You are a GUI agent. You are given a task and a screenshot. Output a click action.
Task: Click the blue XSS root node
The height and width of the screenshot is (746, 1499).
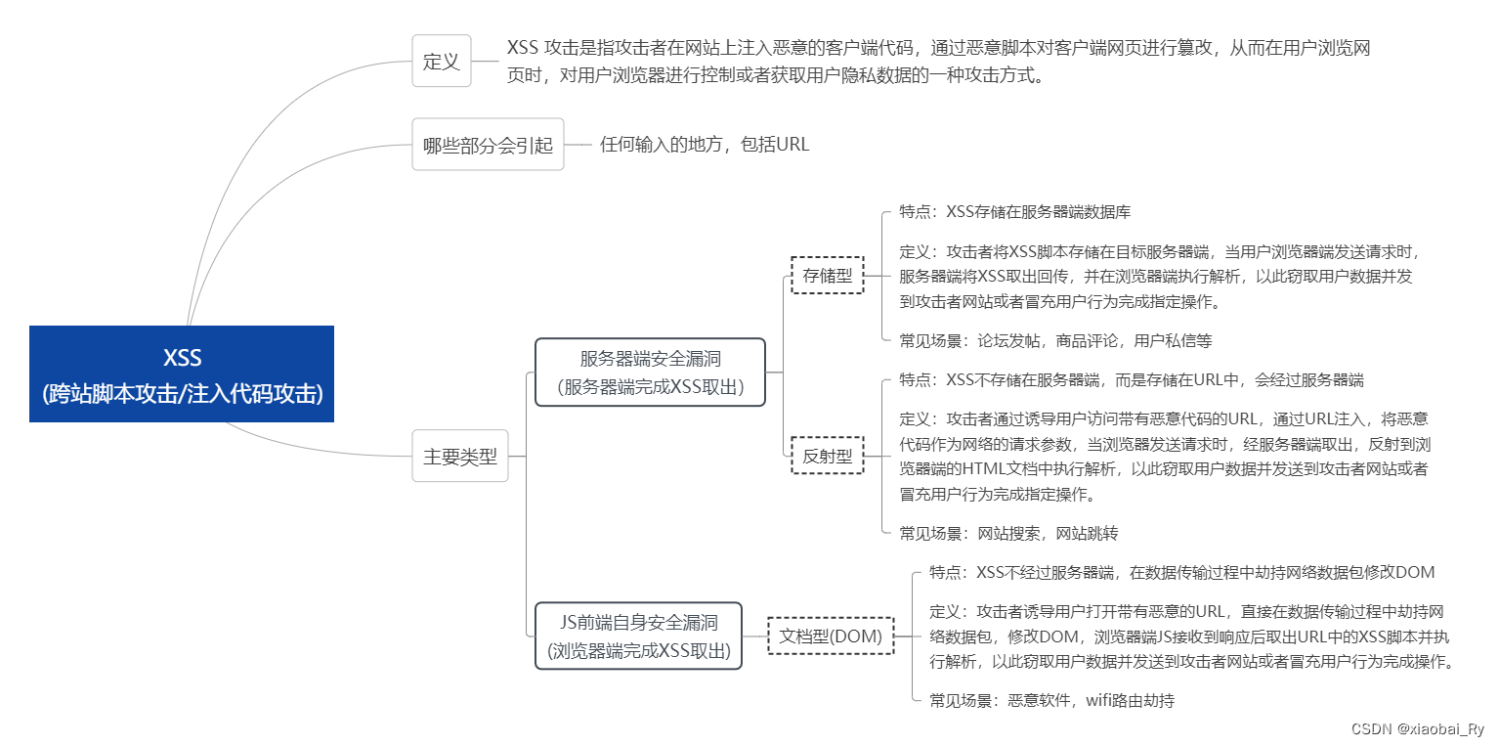pyautogui.click(x=182, y=373)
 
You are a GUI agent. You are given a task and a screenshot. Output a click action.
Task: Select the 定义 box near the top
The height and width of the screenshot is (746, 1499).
pyautogui.click(x=441, y=61)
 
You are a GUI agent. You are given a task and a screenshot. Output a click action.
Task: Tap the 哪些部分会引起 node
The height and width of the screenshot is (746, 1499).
pyautogui.click(x=488, y=145)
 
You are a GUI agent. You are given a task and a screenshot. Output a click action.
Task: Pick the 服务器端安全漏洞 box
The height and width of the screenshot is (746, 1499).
pyautogui.click(x=650, y=372)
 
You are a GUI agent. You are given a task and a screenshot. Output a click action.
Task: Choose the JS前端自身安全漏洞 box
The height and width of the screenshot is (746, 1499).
pyautogui.click(x=638, y=636)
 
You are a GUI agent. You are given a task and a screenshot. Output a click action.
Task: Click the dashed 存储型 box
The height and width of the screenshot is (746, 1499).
pyautogui.click(x=827, y=276)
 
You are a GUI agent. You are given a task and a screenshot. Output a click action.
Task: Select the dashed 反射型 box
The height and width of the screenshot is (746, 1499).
pyautogui.click(x=827, y=456)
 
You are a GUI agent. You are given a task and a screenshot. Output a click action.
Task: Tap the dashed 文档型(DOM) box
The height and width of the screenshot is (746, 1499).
pyautogui.click(x=830, y=636)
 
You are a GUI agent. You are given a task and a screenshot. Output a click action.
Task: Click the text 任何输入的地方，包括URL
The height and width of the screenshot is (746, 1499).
pyautogui.click(x=705, y=145)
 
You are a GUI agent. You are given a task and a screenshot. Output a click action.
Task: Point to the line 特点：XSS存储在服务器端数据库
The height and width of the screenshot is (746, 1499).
pyautogui.click(x=1015, y=211)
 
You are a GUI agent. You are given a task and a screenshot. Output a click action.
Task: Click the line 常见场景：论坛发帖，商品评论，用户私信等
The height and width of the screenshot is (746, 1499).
pyautogui.click(x=1055, y=341)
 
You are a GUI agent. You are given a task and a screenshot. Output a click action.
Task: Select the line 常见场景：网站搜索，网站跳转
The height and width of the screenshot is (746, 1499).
pyautogui.click(x=1008, y=533)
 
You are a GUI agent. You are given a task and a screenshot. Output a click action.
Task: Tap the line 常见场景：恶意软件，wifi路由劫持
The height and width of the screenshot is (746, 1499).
pyautogui.click(x=1051, y=700)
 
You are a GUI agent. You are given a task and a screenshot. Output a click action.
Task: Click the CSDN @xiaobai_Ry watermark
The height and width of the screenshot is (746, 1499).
pyautogui.click(x=1417, y=729)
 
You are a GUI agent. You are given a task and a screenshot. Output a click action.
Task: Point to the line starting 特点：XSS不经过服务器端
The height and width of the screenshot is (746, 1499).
pyautogui.click(x=1181, y=572)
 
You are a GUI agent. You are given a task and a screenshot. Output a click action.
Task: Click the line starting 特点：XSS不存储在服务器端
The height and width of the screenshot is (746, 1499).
pyautogui.click(x=1131, y=379)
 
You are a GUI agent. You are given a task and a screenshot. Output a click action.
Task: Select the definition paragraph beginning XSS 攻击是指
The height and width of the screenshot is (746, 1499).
pyautogui.click(x=938, y=61)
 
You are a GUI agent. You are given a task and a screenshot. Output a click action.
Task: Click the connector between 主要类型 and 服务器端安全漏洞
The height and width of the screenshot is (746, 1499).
pyautogui.click(x=527, y=411)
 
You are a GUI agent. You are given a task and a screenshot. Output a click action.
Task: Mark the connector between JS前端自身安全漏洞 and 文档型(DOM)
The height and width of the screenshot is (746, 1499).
pyautogui.click(x=754, y=636)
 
